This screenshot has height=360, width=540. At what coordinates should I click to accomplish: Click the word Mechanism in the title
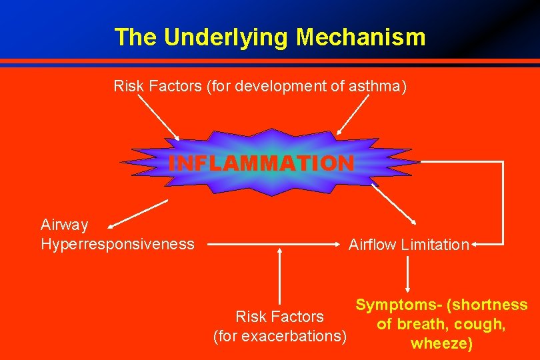(361, 37)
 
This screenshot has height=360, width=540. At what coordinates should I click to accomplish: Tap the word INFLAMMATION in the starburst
(261, 163)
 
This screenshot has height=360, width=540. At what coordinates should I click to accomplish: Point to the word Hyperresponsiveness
(117, 244)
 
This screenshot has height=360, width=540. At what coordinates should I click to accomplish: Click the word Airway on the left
(65, 225)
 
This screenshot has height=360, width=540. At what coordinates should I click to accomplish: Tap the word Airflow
(373, 245)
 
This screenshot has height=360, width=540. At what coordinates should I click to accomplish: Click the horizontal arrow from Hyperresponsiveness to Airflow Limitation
(273, 245)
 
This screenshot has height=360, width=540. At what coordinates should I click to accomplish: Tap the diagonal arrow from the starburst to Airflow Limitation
(393, 205)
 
